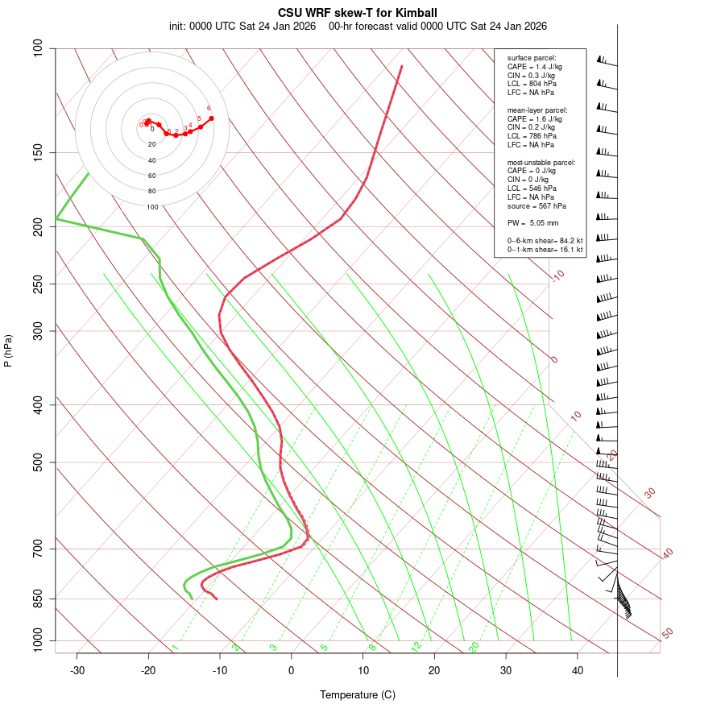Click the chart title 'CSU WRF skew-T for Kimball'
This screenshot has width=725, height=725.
pyautogui.click(x=358, y=13)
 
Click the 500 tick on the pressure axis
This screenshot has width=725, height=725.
pyautogui.click(x=37, y=462)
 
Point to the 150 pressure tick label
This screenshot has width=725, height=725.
pyautogui.click(x=37, y=152)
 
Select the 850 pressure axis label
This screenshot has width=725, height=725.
pyautogui.click(x=37, y=599)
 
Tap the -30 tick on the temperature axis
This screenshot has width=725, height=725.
pyautogui.click(x=77, y=670)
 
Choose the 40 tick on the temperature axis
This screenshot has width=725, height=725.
pyautogui.click(x=578, y=670)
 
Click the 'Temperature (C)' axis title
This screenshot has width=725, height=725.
pyautogui.click(x=358, y=694)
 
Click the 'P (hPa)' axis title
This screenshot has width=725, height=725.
pyautogui.click(x=8, y=350)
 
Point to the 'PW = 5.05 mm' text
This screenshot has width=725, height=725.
pyautogui.click(x=532, y=222)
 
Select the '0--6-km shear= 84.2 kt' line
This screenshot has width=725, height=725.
pyautogui.click(x=545, y=240)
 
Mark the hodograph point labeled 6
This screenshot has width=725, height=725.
pyautogui.click(x=211, y=118)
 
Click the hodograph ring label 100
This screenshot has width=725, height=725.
pyautogui.click(x=152, y=207)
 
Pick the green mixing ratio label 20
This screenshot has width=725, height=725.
pyautogui.click(x=474, y=646)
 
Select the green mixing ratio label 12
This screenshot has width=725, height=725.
pyautogui.click(x=416, y=646)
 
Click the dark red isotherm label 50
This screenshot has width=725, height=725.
pyautogui.click(x=667, y=633)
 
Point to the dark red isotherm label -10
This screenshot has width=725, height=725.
pyautogui.click(x=557, y=275)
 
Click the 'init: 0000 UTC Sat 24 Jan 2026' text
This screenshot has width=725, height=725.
pyautogui.click(x=242, y=26)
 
